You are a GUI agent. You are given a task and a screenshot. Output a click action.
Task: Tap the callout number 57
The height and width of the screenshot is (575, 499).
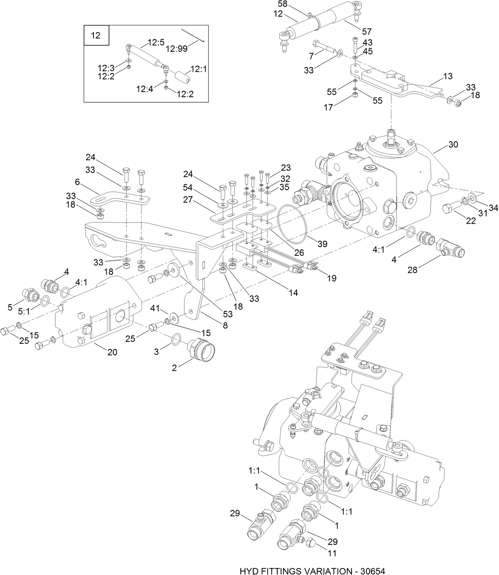367,31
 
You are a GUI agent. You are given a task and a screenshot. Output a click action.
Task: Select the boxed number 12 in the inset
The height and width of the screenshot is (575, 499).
96,36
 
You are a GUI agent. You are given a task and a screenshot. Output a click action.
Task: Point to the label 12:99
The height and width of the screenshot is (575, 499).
177,48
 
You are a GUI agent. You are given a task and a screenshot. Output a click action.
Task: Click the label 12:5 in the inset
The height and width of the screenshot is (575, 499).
156,42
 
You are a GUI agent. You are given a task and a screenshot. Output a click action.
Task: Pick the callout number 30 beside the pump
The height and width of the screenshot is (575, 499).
453,144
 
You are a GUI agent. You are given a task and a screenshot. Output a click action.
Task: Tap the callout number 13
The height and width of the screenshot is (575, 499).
447,77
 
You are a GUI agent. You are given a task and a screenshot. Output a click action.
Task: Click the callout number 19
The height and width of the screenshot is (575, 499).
331,278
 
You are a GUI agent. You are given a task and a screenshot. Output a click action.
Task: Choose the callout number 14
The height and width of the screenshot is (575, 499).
293,293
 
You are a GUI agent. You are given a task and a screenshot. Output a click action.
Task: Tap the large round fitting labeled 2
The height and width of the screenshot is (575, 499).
203,348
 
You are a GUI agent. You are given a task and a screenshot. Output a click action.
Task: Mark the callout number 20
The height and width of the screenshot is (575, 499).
112,352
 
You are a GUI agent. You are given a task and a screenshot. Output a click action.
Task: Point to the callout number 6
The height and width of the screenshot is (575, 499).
77,182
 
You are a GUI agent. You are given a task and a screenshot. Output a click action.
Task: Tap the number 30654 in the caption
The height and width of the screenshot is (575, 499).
370,571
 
